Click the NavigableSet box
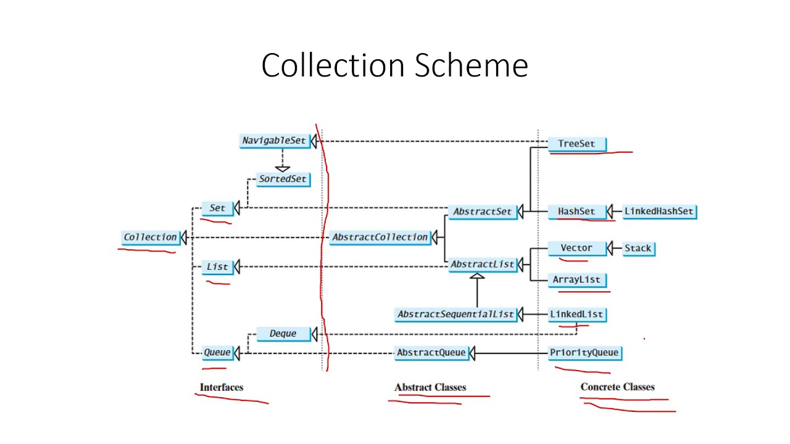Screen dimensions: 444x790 (x=273, y=141)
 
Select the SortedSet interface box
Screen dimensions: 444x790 (x=283, y=179)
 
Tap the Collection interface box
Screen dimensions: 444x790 (x=150, y=237)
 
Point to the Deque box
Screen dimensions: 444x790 (x=283, y=334)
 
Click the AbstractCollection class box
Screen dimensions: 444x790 (x=380, y=237)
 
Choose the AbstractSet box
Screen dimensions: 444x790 (x=482, y=212)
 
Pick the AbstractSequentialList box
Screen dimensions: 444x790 (x=455, y=314)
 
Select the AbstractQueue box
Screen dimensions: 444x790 (x=431, y=353)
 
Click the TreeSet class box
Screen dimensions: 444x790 (x=576, y=144)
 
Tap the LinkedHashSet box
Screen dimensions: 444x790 (x=659, y=212)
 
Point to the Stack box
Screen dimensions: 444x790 (x=638, y=249)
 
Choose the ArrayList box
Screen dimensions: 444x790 (x=576, y=279)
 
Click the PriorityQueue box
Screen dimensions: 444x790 (x=584, y=353)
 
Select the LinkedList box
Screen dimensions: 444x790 (x=576, y=314)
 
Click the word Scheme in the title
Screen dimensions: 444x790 (x=471, y=65)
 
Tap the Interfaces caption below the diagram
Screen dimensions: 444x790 (x=222, y=387)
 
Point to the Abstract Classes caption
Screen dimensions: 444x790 (x=430, y=387)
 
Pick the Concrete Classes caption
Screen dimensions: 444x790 (x=617, y=387)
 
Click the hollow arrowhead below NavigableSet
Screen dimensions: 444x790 (x=282, y=167)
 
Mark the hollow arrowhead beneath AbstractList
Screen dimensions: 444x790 (x=477, y=276)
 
